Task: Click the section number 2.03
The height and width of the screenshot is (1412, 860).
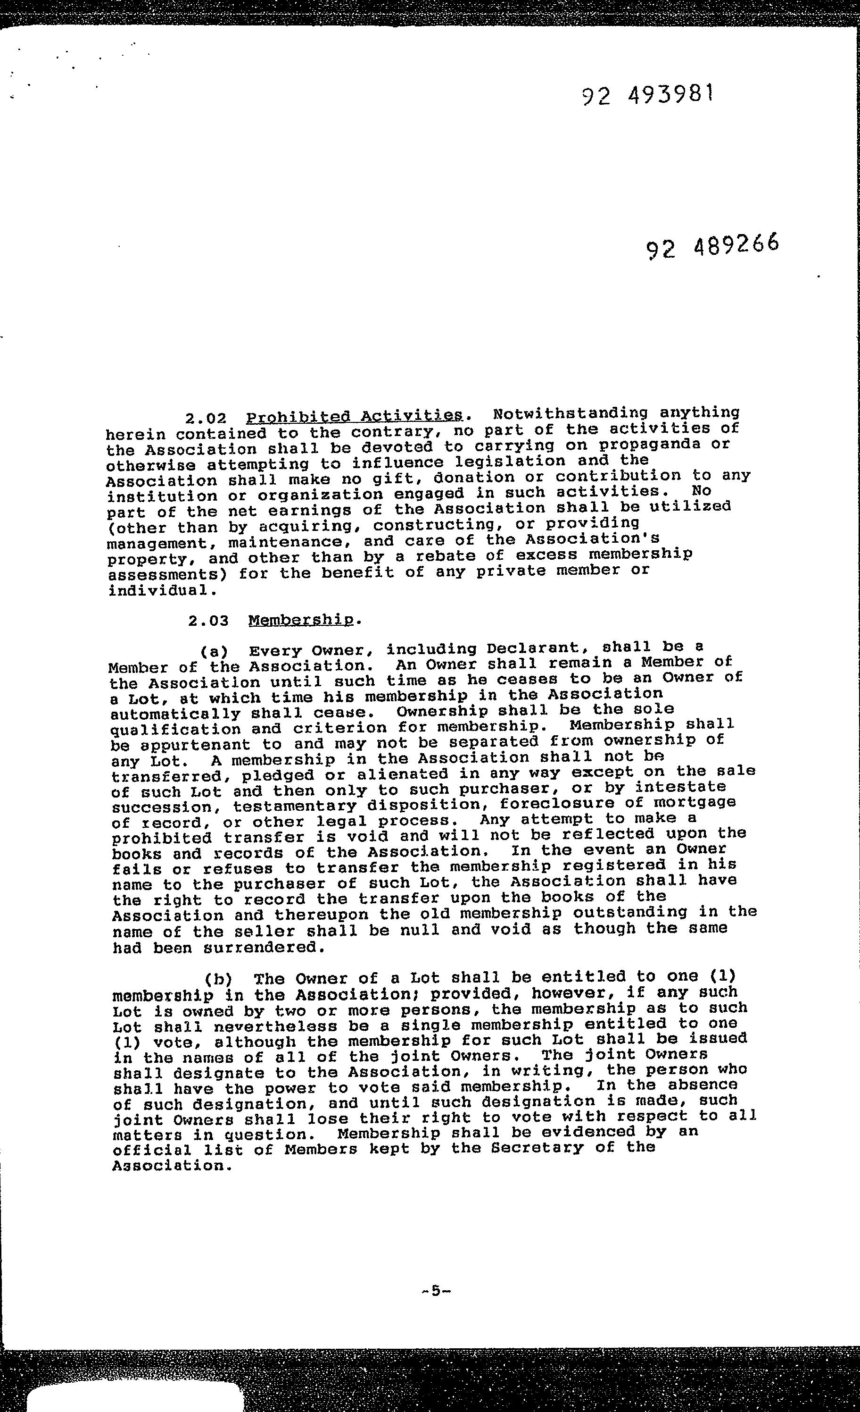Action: (208, 621)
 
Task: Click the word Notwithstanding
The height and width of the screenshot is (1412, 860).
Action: (571, 413)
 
